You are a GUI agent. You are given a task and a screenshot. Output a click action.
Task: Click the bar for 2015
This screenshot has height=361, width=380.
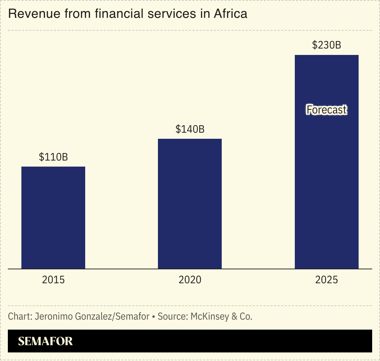53,218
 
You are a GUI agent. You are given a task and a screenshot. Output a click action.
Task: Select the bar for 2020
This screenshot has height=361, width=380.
190,204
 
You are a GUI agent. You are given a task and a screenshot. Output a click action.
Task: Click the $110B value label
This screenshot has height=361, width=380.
53,157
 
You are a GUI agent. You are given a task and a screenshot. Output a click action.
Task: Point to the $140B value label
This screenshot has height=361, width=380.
190,129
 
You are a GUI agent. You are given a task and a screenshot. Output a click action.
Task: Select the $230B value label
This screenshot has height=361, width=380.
327,45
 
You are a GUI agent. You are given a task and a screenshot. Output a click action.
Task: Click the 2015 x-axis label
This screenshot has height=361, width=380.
53,280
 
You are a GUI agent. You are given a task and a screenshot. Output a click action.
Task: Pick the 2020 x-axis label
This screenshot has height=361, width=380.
190,280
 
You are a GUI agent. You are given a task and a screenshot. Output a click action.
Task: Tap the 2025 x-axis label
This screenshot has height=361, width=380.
327,280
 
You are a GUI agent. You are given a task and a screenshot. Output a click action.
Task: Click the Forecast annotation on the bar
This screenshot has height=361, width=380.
327,110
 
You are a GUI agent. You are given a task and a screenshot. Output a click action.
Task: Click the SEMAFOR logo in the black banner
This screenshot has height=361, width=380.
45,341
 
